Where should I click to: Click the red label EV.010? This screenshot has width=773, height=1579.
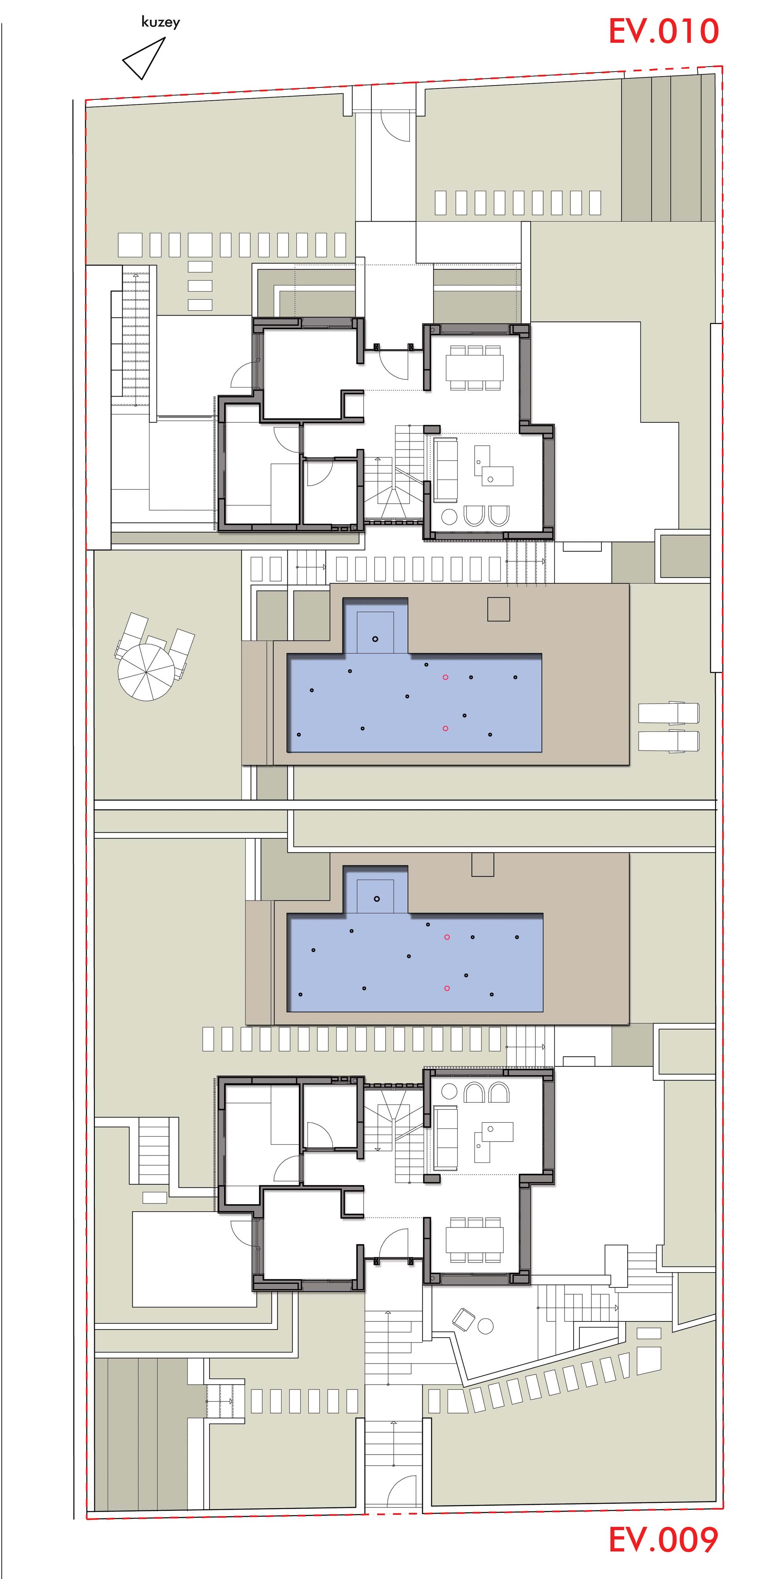pyautogui.click(x=663, y=31)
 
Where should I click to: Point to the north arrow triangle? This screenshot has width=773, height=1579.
pyautogui.click(x=145, y=59)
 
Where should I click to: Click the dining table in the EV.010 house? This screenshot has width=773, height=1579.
pyautogui.click(x=475, y=367)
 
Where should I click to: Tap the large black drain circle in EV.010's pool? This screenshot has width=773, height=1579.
pyautogui.click(x=375, y=639)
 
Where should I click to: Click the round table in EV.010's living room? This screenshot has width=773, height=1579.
pyautogui.click(x=449, y=517)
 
